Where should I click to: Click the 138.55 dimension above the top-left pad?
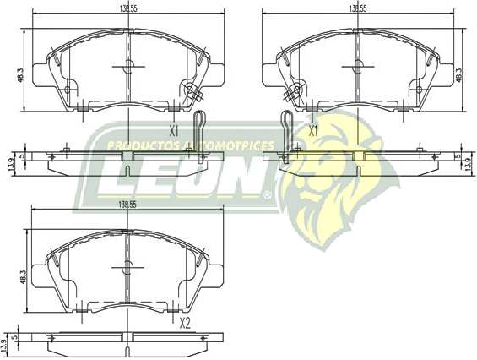coord(128,8)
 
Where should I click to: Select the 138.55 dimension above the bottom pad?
coord(128,205)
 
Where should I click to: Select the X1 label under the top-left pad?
coord(175,131)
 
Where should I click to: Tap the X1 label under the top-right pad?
coord(312,131)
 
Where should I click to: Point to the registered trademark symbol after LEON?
coord(267,194)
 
